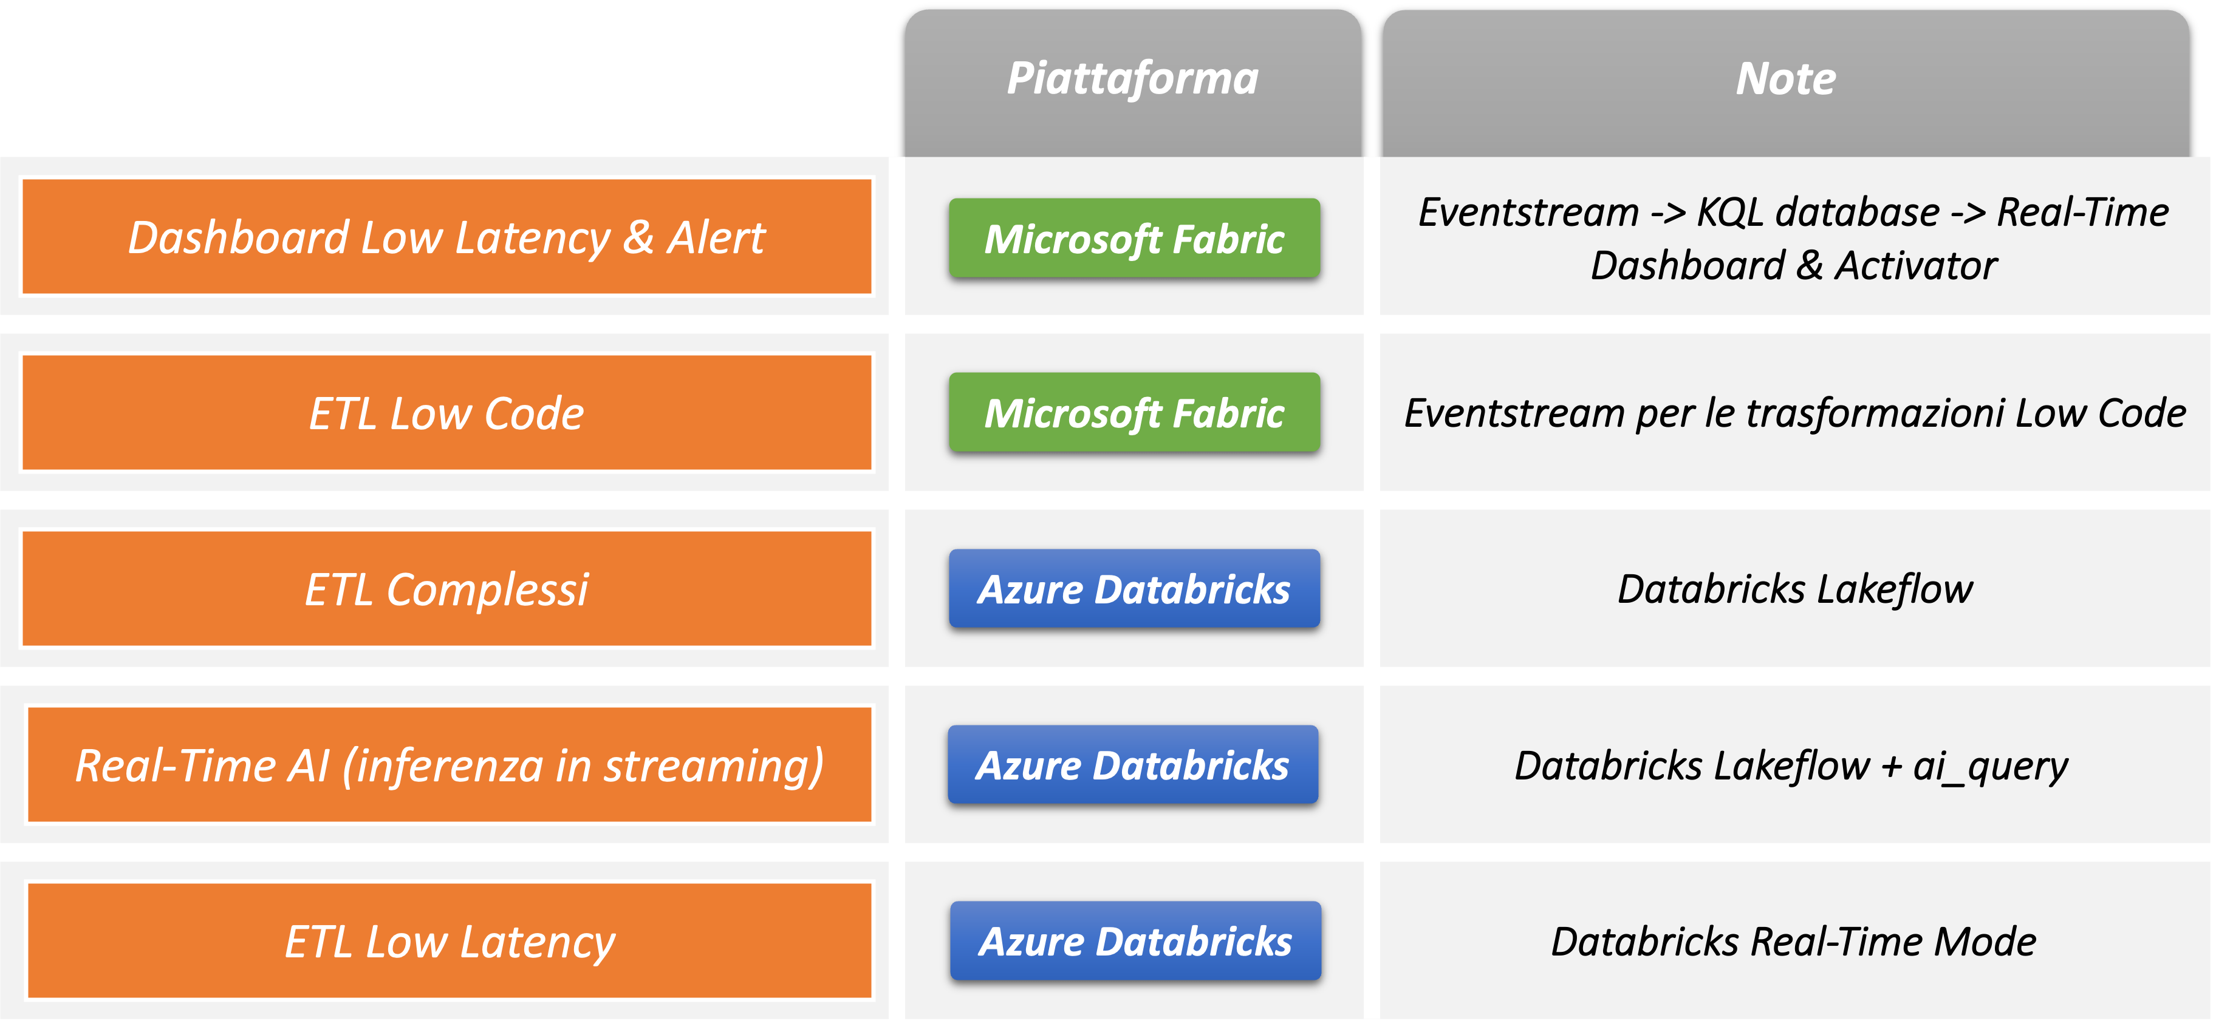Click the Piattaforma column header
(1133, 79)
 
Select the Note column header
(1786, 79)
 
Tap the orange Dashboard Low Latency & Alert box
(446, 237)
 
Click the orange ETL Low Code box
(446, 413)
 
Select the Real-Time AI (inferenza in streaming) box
(449, 766)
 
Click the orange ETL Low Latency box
(449, 942)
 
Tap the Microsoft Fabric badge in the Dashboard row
(1134, 239)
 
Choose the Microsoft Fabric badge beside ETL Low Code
(1134, 413)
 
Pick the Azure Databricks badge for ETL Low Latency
(1135, 942)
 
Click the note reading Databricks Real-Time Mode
(1794, 942)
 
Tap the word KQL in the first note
(1730, 213)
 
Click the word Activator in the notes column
(1916, 266)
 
